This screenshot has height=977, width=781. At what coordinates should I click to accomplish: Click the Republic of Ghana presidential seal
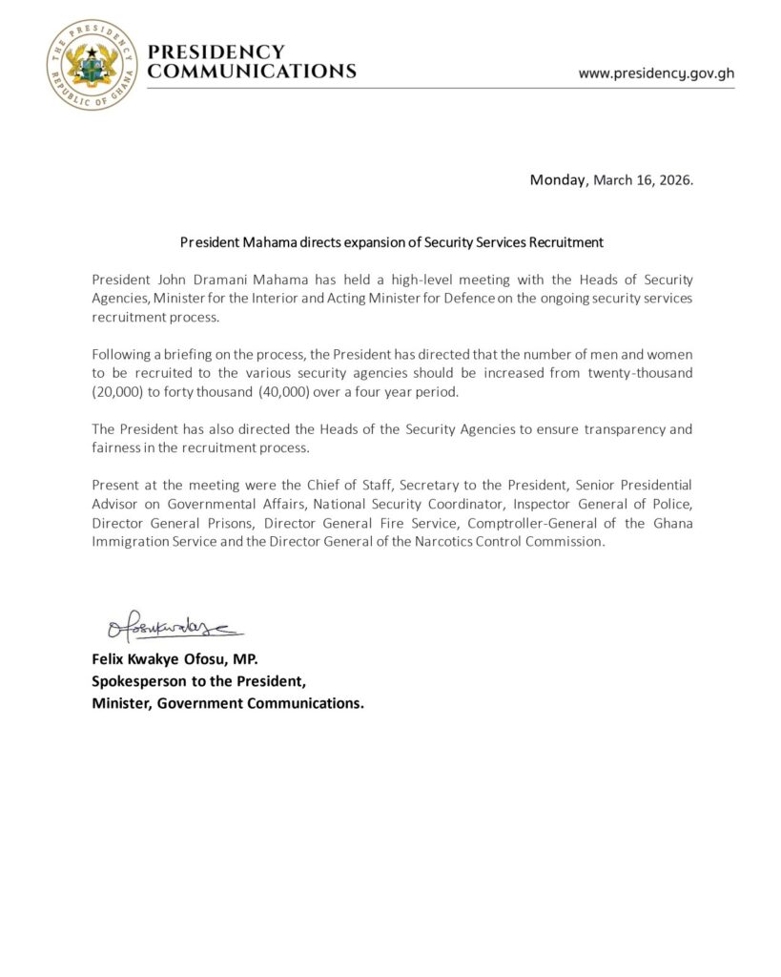click(x=92, y=65)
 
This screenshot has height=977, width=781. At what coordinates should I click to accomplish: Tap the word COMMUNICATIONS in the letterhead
click(x=253, y=72)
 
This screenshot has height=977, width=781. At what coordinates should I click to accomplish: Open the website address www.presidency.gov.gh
click(x=656, y=73)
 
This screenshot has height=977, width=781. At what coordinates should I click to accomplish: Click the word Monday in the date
click(x=559, y=179)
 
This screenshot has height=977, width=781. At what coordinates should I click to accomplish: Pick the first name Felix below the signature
click(x=110, y=659)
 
